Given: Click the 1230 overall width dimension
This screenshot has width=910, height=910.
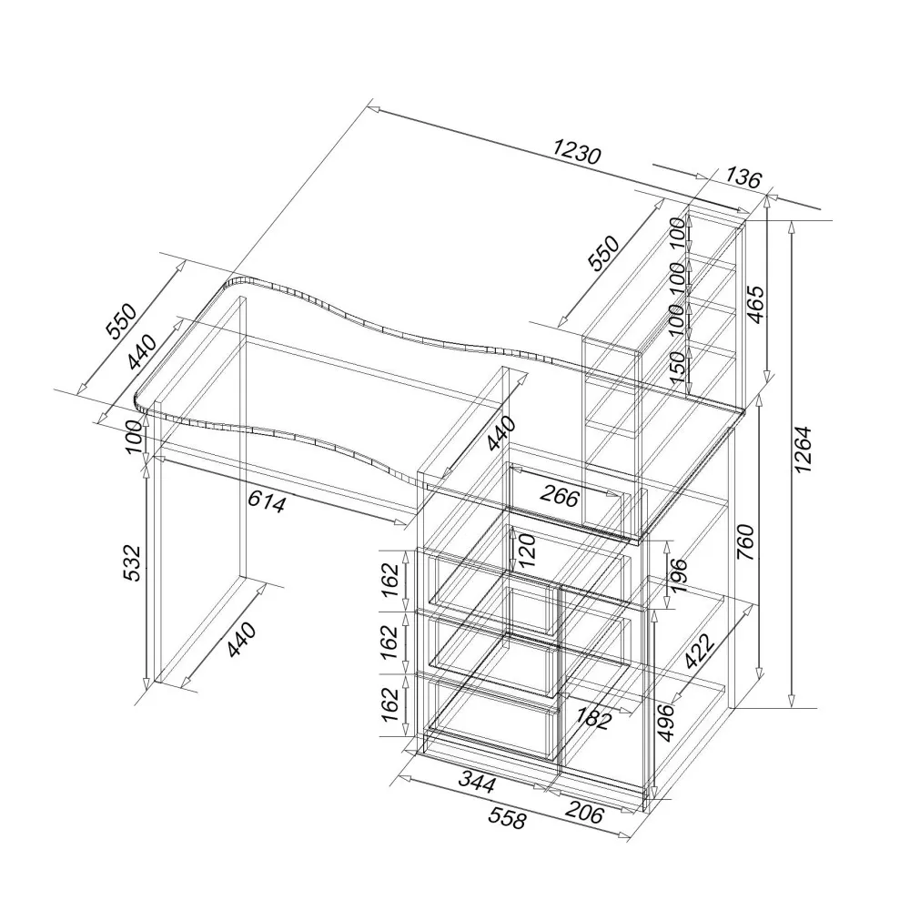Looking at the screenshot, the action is [x=576, y=153].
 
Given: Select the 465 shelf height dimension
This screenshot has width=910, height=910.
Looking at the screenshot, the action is [x=755, y=305].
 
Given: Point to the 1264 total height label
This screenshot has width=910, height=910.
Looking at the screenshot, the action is [x=803, y=450].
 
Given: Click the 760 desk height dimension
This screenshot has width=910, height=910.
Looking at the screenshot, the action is [x=745, y=542].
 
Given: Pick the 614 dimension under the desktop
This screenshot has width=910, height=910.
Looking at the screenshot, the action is [x=267, y=501].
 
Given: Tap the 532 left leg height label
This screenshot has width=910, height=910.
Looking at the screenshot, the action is [x=132, y=562].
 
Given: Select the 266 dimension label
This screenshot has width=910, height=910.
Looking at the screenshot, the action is [x=560, y=496].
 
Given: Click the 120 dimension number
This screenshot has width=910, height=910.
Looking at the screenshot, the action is [x=527, y=551].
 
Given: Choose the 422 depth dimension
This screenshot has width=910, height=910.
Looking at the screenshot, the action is [x=699, y=652].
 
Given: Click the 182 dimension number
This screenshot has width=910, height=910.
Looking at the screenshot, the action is [x=593, y=719].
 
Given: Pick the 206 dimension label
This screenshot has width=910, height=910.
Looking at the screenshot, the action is [x=583, y=814].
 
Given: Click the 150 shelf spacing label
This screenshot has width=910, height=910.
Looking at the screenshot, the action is [x=677, y=367].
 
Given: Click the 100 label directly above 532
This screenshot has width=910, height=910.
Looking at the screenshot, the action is [x=134, y=437].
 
